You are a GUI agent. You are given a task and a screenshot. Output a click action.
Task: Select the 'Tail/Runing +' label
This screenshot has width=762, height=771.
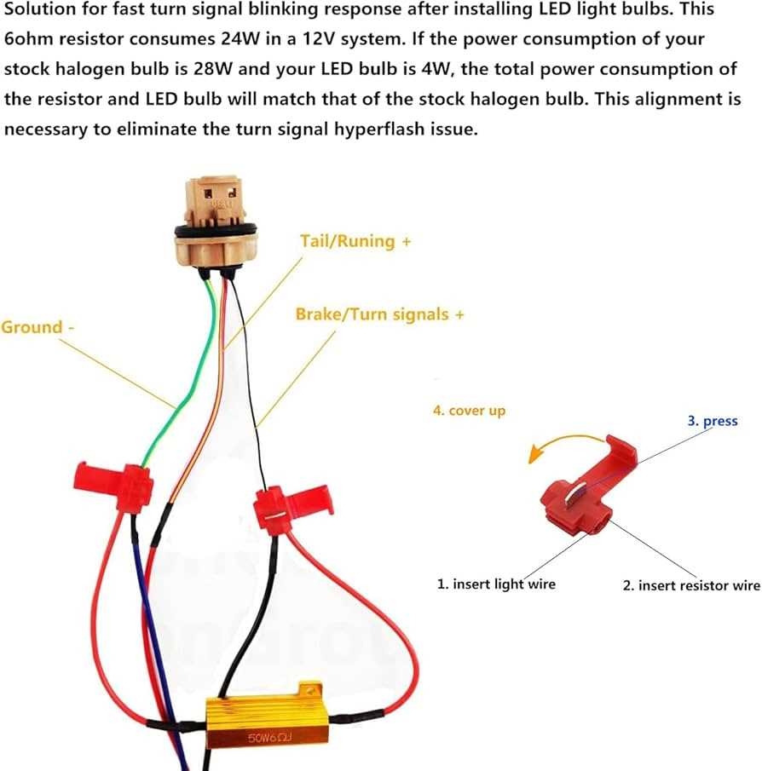pyautogui.click(x=355, y=241)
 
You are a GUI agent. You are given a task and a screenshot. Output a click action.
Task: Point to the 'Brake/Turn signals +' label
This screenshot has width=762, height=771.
pyautogui.click(x=379, y=314)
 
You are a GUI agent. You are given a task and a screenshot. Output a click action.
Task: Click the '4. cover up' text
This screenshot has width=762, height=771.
pyautogui.click(x=469, y=411)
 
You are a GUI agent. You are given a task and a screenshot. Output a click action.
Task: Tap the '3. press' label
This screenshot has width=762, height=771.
pyautogui.click(x=713, y=421)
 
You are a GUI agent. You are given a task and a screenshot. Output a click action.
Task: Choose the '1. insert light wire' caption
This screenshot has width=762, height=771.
pyautogui.click(x=496, y=584)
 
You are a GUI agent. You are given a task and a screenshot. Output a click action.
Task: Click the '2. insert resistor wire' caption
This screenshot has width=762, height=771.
pyautogui.click(x=690, y=585)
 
